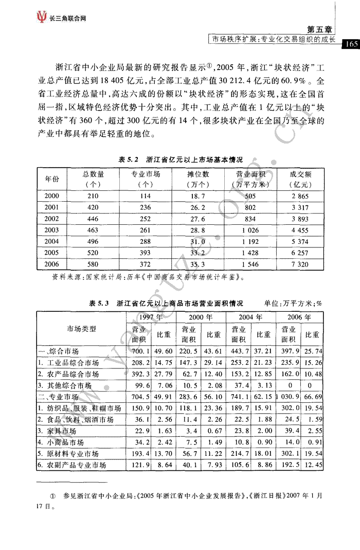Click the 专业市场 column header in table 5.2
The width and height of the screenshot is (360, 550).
[x=146, y=179]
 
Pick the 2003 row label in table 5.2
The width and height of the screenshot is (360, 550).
[x=52, y=230]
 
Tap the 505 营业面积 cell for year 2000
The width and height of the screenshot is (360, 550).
[x=250, y=196]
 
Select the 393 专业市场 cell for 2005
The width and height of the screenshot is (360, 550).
[x=146, y=253]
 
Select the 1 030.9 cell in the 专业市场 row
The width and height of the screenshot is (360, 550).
[x=286, y=397]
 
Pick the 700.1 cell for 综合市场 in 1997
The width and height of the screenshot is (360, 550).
[x=140, y=351]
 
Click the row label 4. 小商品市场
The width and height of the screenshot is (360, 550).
[x=61, y=442]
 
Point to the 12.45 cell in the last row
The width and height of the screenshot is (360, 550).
[x=313, y=465]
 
